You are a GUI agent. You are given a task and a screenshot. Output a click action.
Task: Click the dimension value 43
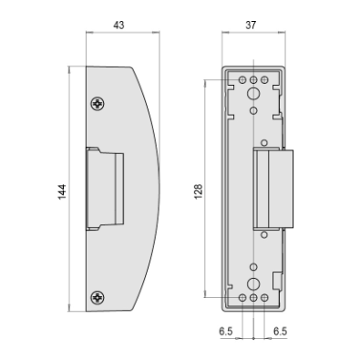coord(118,25)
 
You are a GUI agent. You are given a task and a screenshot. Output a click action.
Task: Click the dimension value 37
coord(251,25)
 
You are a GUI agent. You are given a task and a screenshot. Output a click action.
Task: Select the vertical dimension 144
coord(62,191)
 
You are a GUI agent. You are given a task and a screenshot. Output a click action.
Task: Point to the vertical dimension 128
coord(198,191)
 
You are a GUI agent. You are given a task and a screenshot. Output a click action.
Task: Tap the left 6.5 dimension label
coord(226,331)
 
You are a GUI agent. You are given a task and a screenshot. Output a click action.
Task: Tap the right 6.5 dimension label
coord(280,331)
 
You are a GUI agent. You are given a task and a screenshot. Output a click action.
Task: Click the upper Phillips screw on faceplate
coord(98,104)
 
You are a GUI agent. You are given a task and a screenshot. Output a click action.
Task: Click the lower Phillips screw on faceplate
coord(98,297)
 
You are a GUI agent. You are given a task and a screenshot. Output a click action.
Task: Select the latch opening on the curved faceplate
coord(105,189)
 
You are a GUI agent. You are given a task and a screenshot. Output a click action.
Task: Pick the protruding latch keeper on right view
coord(273,189)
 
